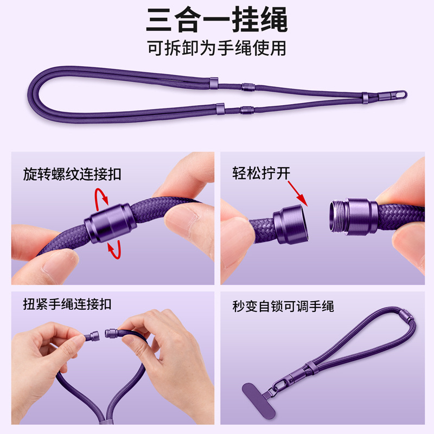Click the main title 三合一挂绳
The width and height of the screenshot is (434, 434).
[216, 20]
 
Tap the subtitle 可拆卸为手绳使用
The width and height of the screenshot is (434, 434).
[216, 48]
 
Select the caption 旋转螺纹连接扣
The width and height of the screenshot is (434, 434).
[72, 174]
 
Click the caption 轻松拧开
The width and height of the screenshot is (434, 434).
[261, 173]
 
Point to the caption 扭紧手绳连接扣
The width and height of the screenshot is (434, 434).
[67, 304]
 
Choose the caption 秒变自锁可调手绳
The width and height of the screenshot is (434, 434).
[283, 306]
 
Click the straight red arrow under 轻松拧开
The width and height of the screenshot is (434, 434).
[298, 194]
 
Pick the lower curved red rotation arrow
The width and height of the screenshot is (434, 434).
[115, 249]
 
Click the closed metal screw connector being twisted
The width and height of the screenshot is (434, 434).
[110, 223]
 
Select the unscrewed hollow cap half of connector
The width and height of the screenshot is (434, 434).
[291, 225]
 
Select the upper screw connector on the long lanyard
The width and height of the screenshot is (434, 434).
[248, 87]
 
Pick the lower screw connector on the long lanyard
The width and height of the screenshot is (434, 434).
[247, 110]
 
